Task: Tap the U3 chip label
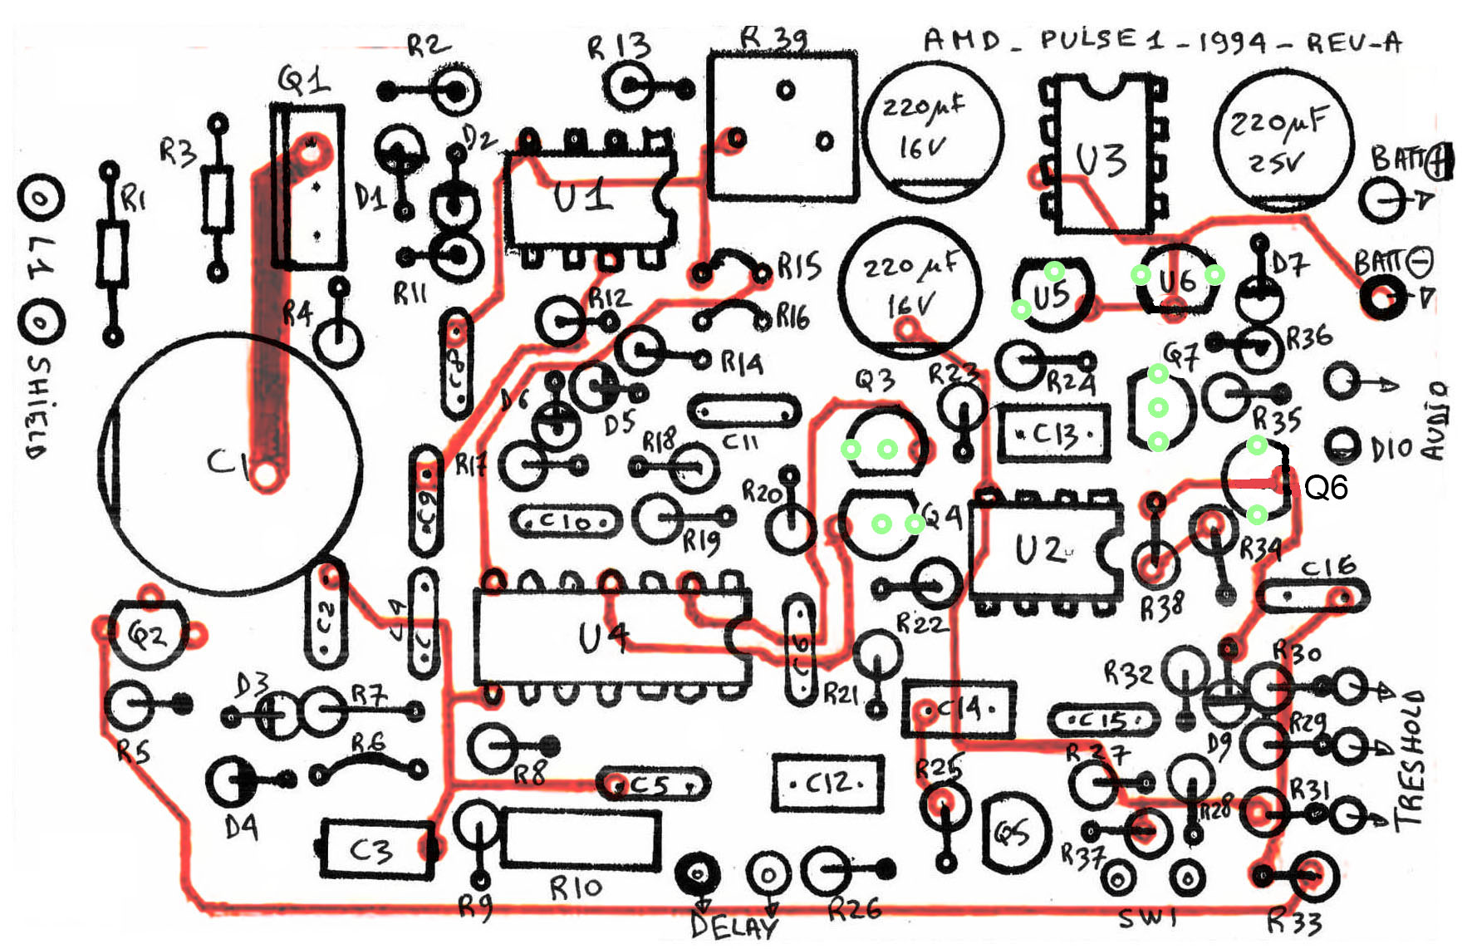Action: click(1101, 160)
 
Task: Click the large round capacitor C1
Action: click(231, 463)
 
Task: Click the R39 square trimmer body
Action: click(782, 126)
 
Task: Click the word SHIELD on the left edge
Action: click(38, 407)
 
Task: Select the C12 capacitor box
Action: click(827, 782)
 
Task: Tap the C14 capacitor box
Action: click(959, 709)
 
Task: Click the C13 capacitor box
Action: click(1053, 432)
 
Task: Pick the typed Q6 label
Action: click(1326, 488)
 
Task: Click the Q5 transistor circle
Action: click(1015, 832)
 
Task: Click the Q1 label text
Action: click(303, 81)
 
